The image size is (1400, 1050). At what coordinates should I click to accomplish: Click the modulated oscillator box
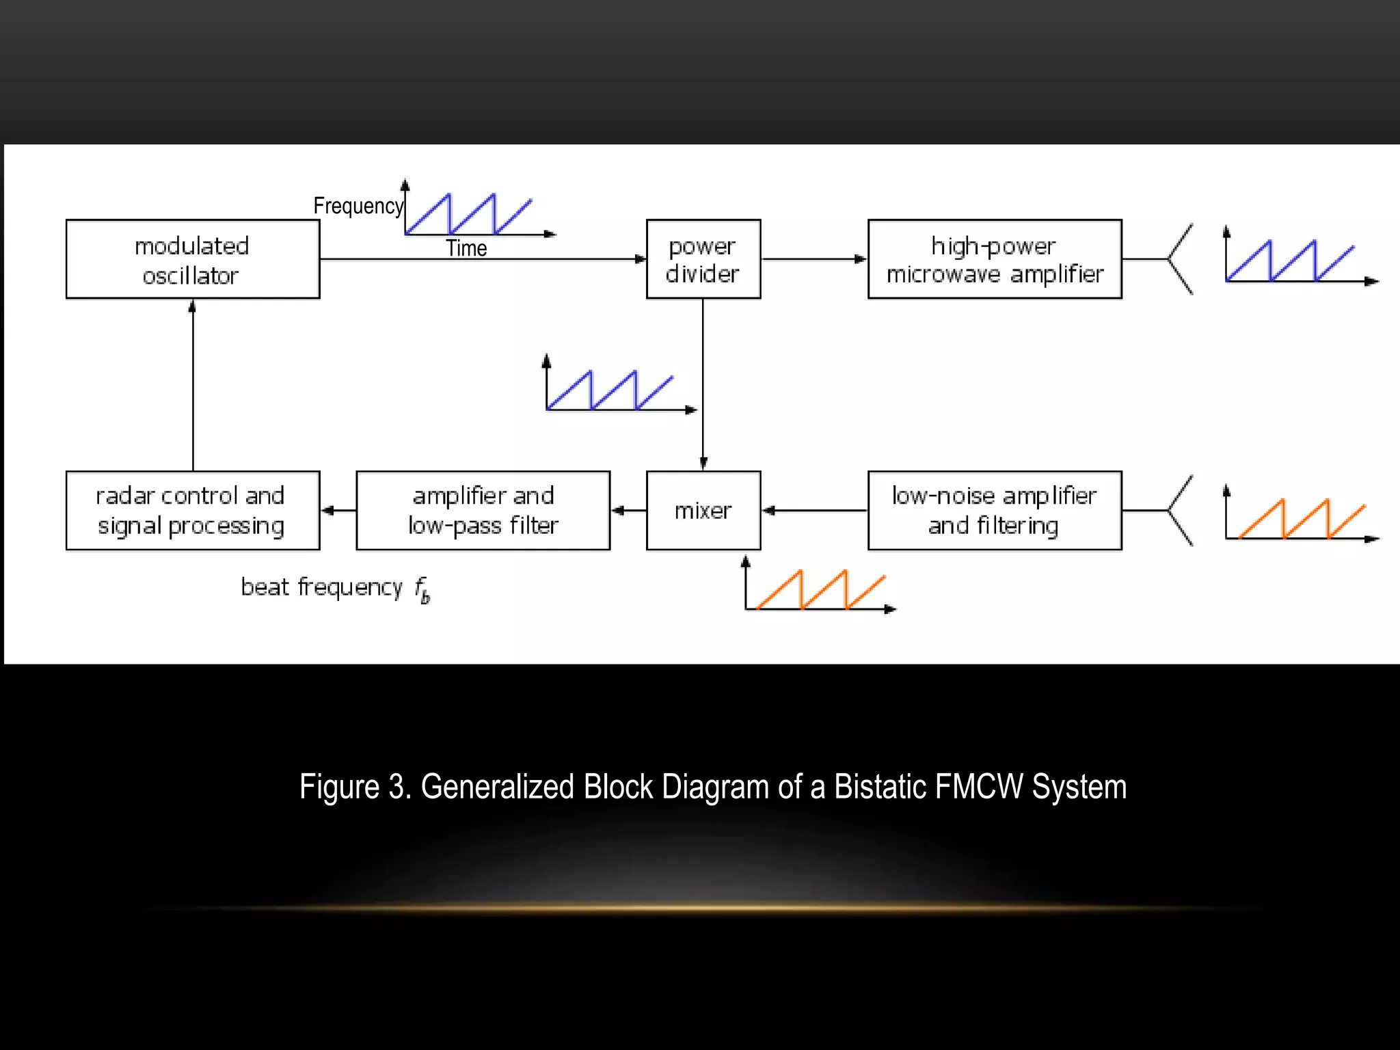pyautogui.click(x=192, y=259)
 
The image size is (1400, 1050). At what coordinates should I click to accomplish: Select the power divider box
pyautogui.click(x=703, y=259)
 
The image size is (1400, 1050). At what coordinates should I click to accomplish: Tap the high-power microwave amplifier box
pyautogui.click(x=994, y=259)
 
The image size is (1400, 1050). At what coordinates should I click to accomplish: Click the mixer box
pyautogui.click(x=703, y=510)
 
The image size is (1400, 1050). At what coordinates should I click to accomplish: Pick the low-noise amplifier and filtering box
pyautogui.click(x=994, y=510)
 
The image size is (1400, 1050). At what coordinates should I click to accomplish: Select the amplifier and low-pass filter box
pyautogui.click(x=483, y=510)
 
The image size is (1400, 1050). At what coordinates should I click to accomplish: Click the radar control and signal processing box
pyautogui.click(x=192, y=510)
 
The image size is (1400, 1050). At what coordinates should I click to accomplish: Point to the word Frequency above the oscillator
pyautogui.click(x=358, y=206)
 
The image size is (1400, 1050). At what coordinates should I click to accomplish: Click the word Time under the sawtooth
pyautogui.click(x=466, y=248)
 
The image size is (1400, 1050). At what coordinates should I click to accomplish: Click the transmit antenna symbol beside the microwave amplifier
pyautogui.click(x=1180, y=259)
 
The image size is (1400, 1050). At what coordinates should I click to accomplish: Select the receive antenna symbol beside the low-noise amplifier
pyautogui.click(x=1180, y=510)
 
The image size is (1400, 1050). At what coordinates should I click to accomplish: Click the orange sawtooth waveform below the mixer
pyautogui.click(x=820, y=589)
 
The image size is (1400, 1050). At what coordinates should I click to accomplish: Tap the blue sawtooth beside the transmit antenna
pyautogui.click(x=1291, y=261)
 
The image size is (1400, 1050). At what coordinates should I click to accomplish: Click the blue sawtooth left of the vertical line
pyautogui.click(x=610, y=390)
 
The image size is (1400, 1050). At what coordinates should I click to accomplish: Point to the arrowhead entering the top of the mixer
pyautogui.click(x=703, y=463)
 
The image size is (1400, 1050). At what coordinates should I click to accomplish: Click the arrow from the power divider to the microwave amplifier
pyautogui.click(x=813, y=259)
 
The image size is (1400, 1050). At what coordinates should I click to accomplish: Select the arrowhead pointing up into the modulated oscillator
pyautogui.click(x=193, y=307)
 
